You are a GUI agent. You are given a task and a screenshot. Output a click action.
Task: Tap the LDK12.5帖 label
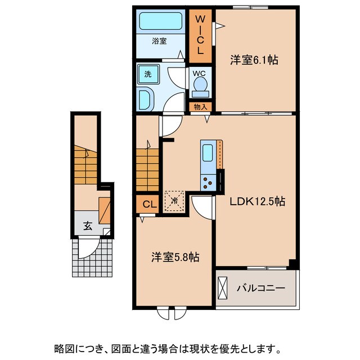pos(257,201)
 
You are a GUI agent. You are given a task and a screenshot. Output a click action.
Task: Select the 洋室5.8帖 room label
pos(174,257)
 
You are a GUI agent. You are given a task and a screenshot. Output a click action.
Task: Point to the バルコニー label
pos(260,288)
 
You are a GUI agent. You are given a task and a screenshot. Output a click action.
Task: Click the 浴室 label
pos(160,41)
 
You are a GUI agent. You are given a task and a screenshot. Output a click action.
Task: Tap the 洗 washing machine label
pos(147,74)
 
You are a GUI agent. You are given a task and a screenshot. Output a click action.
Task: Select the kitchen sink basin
pos(208,153)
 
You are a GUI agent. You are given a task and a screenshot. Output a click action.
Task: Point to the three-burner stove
pos(208,182)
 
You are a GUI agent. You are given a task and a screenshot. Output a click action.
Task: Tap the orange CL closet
pos(147,204)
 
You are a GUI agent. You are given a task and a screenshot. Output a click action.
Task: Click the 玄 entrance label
pos(88,226)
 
